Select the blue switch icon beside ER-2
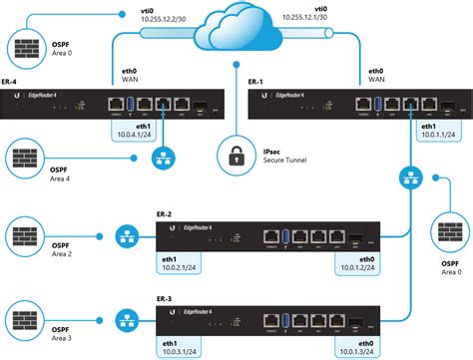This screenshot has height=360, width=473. tap(127, 239)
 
